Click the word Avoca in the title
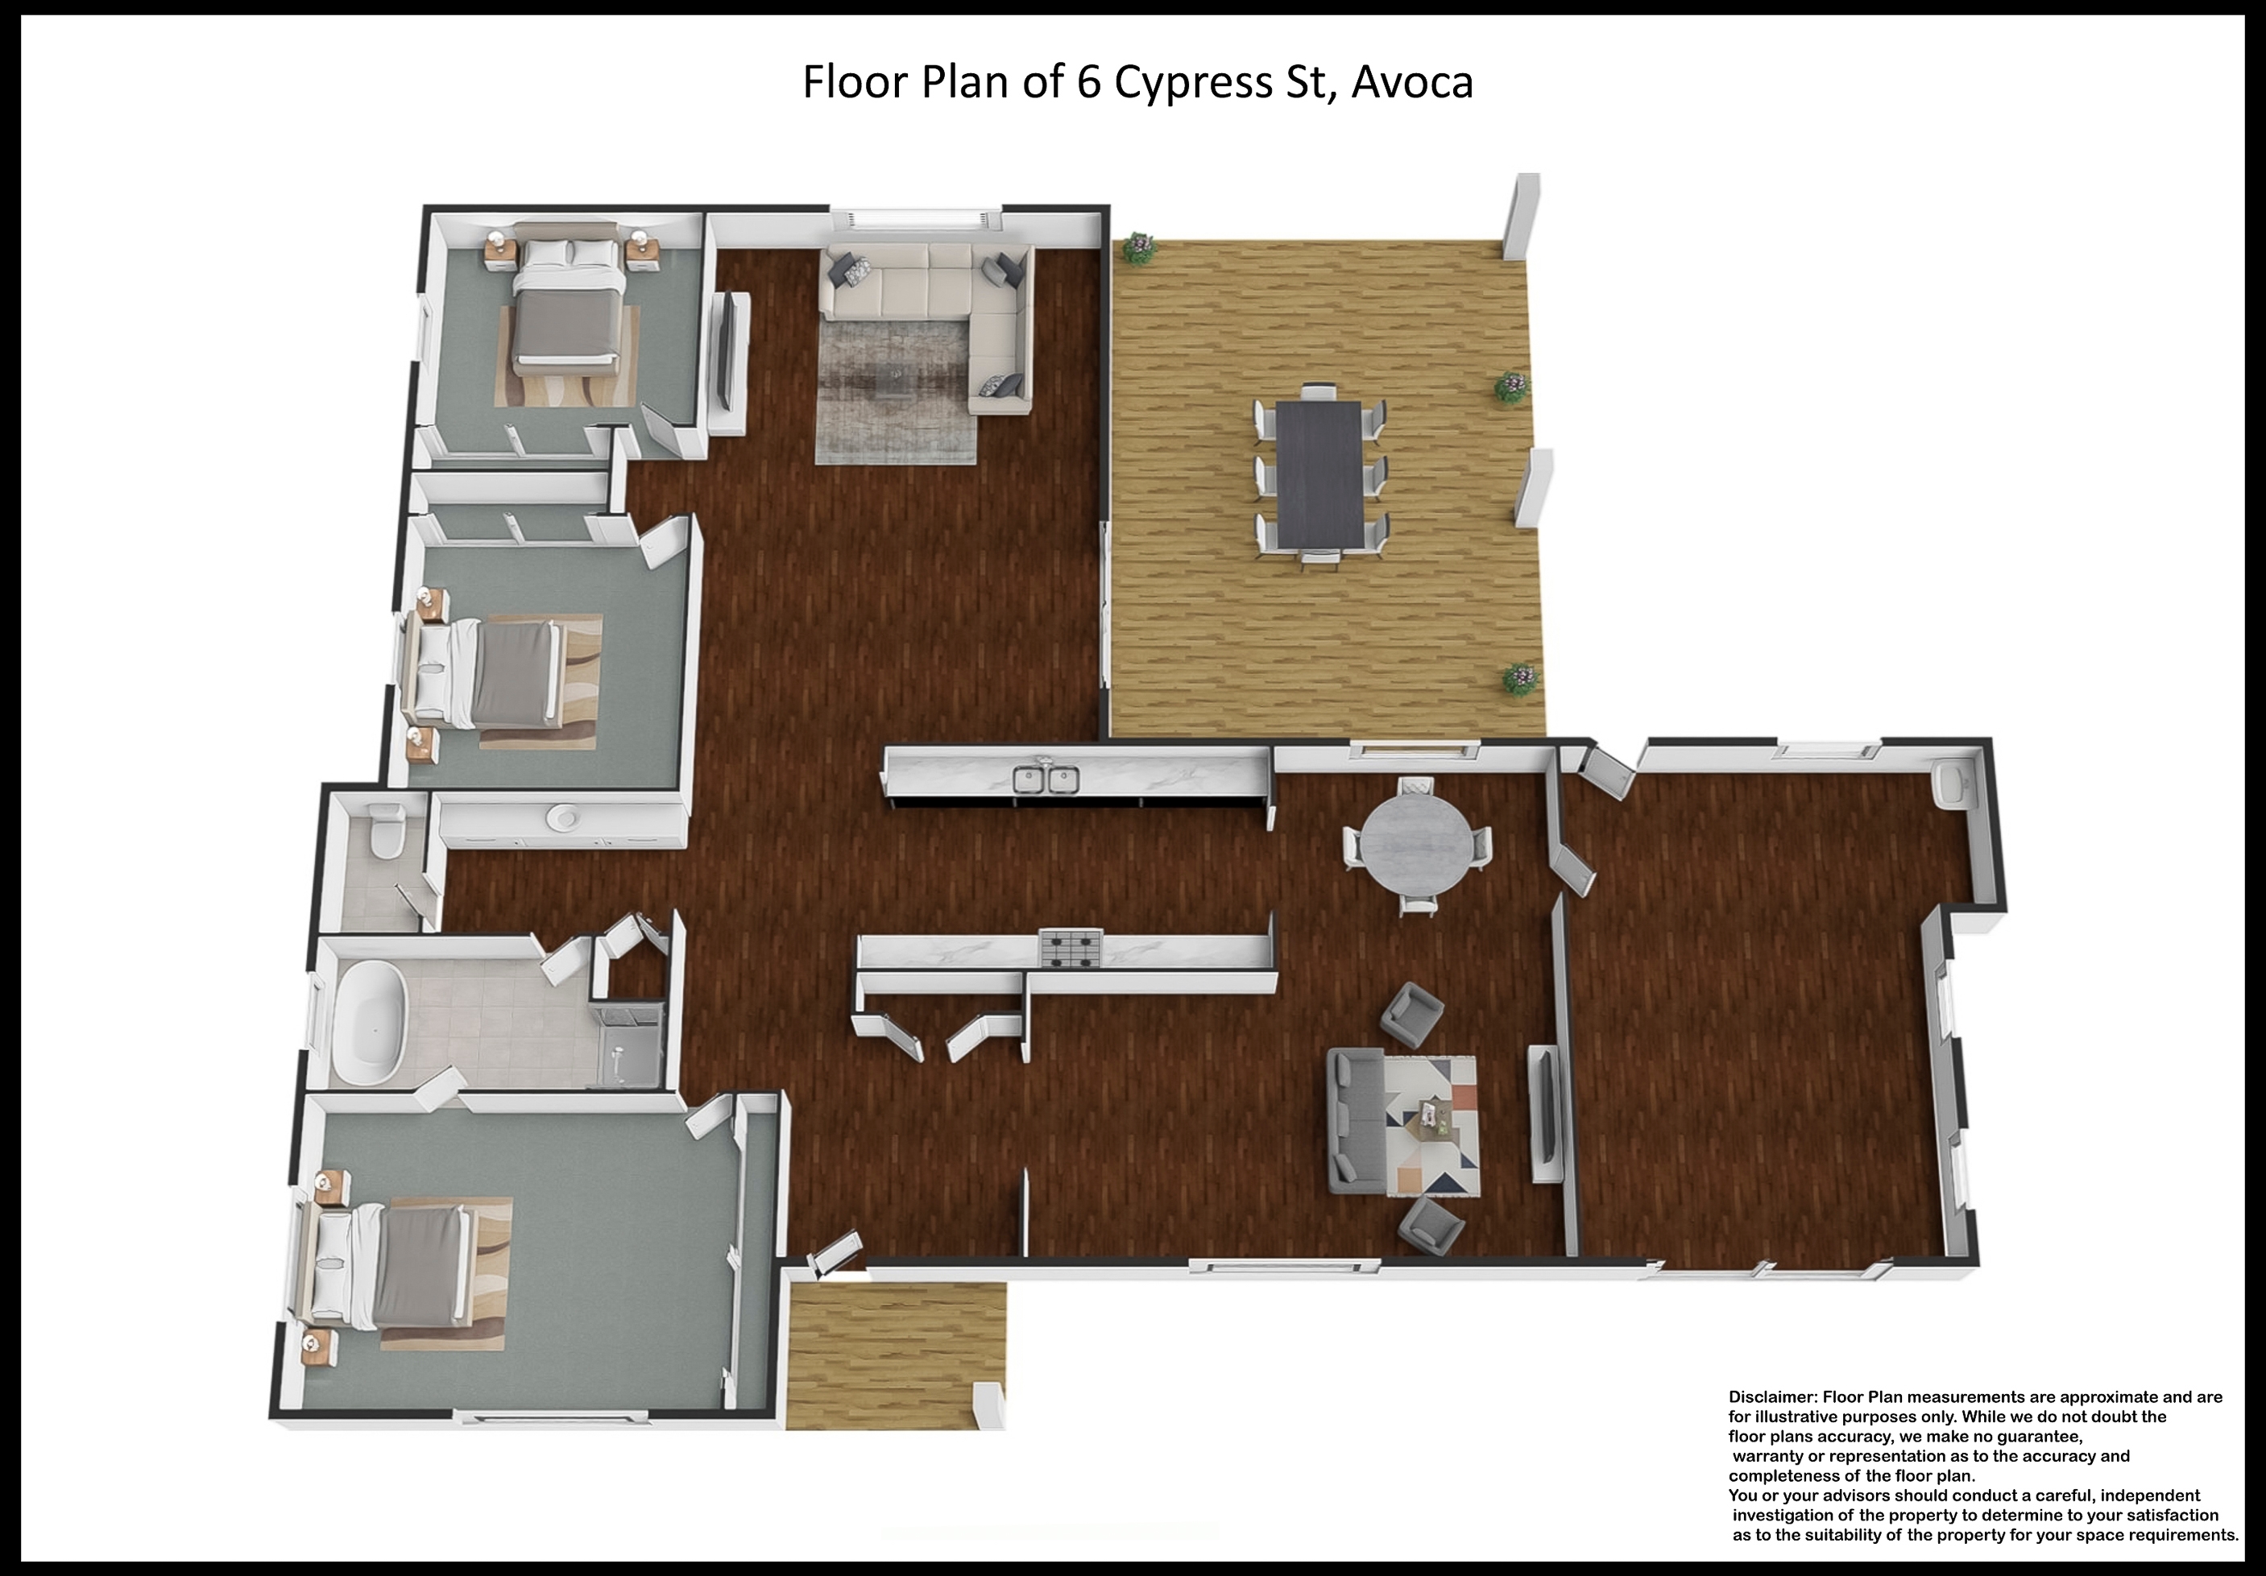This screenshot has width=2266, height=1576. pos(1412,82)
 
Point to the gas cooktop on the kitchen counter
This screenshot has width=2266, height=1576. pos(1071,949)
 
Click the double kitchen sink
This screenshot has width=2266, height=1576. pos(1046,779)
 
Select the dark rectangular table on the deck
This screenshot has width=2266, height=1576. pos(1319,474)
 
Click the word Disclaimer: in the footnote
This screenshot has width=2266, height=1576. pos(1772,1397)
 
